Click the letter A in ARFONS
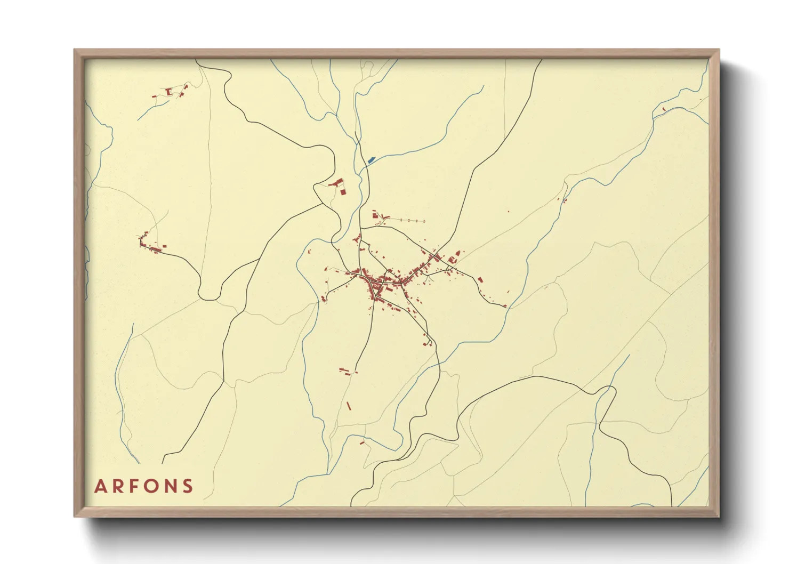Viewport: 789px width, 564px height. [100, 486]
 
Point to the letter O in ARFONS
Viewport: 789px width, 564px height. [152, 486]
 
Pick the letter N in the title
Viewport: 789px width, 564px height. [171, 486]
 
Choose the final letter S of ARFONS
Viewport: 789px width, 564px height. [188, 486]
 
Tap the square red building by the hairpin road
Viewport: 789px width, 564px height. [343, 191]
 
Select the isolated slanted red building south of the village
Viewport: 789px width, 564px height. [349, 406]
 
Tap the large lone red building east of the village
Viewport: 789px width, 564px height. [480, 279]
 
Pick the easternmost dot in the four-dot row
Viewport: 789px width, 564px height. [424, 220]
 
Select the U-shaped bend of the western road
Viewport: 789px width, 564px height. [208, 294]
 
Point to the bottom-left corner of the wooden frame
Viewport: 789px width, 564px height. [75, 516]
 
